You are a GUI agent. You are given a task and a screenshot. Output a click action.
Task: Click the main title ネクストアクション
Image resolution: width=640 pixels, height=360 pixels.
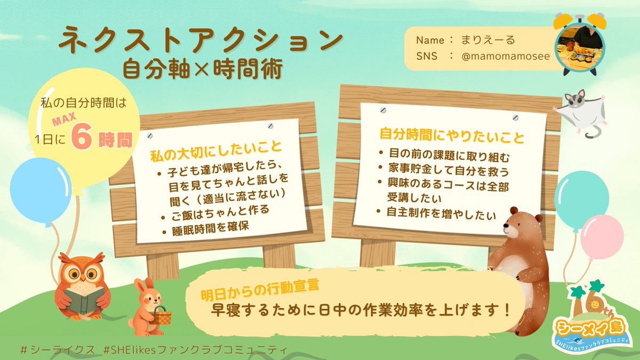click(x=200, y=42)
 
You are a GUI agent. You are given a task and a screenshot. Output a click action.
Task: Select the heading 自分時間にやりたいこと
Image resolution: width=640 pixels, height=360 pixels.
click(x=452, y=134)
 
